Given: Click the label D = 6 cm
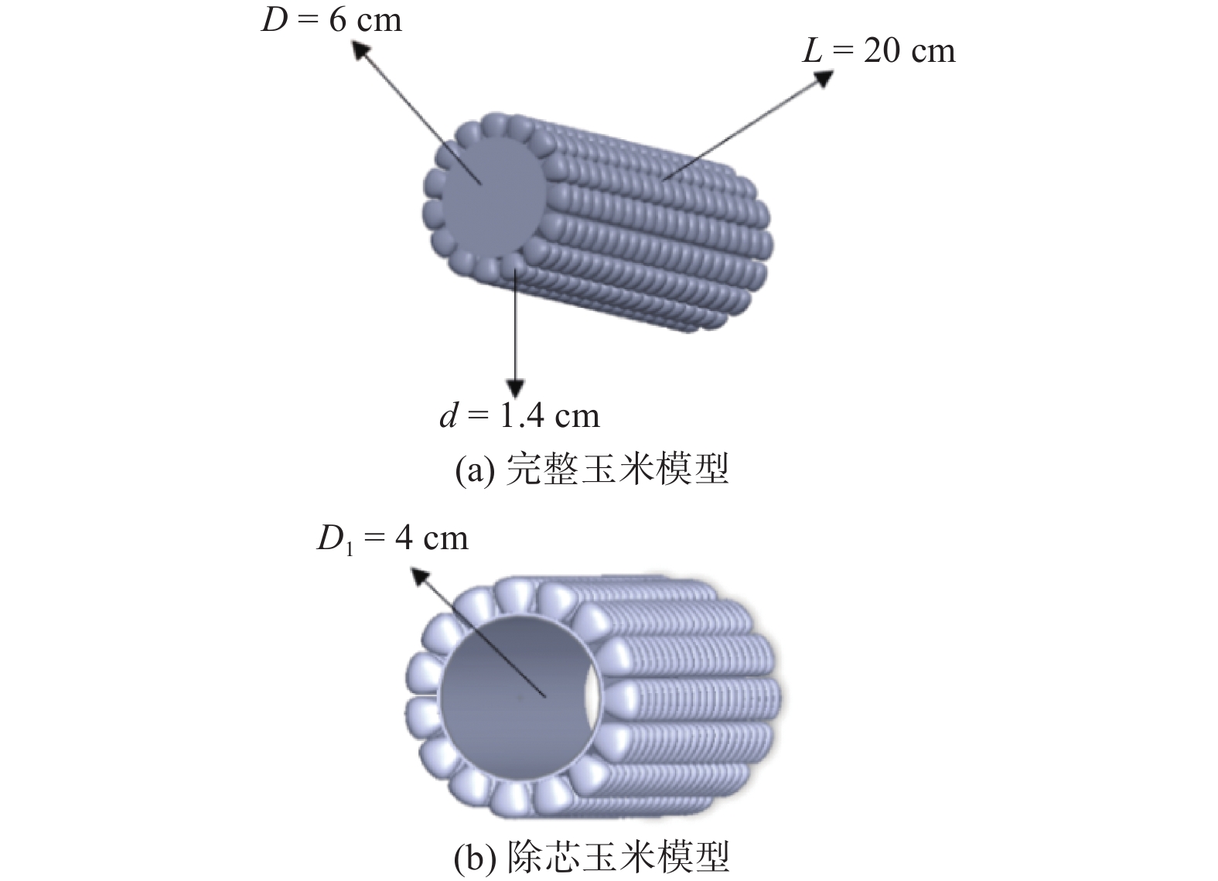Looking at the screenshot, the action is (x=332, y=21).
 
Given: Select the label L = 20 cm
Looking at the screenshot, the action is (x=879, y=51).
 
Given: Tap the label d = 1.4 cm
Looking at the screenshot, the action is (x=520, y=416).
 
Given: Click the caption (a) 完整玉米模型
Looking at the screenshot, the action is (x=592, y=469).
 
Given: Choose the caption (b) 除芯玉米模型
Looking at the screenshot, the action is (x=592, y=858).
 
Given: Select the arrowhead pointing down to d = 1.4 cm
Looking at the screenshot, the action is (x=515, y=388).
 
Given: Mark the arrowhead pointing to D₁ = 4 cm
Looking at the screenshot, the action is (x=421, y=578).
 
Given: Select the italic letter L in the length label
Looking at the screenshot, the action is (x=812, y=52).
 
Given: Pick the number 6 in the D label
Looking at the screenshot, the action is (x=338, y=21).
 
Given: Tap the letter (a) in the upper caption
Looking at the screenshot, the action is (x=475, y=470).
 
